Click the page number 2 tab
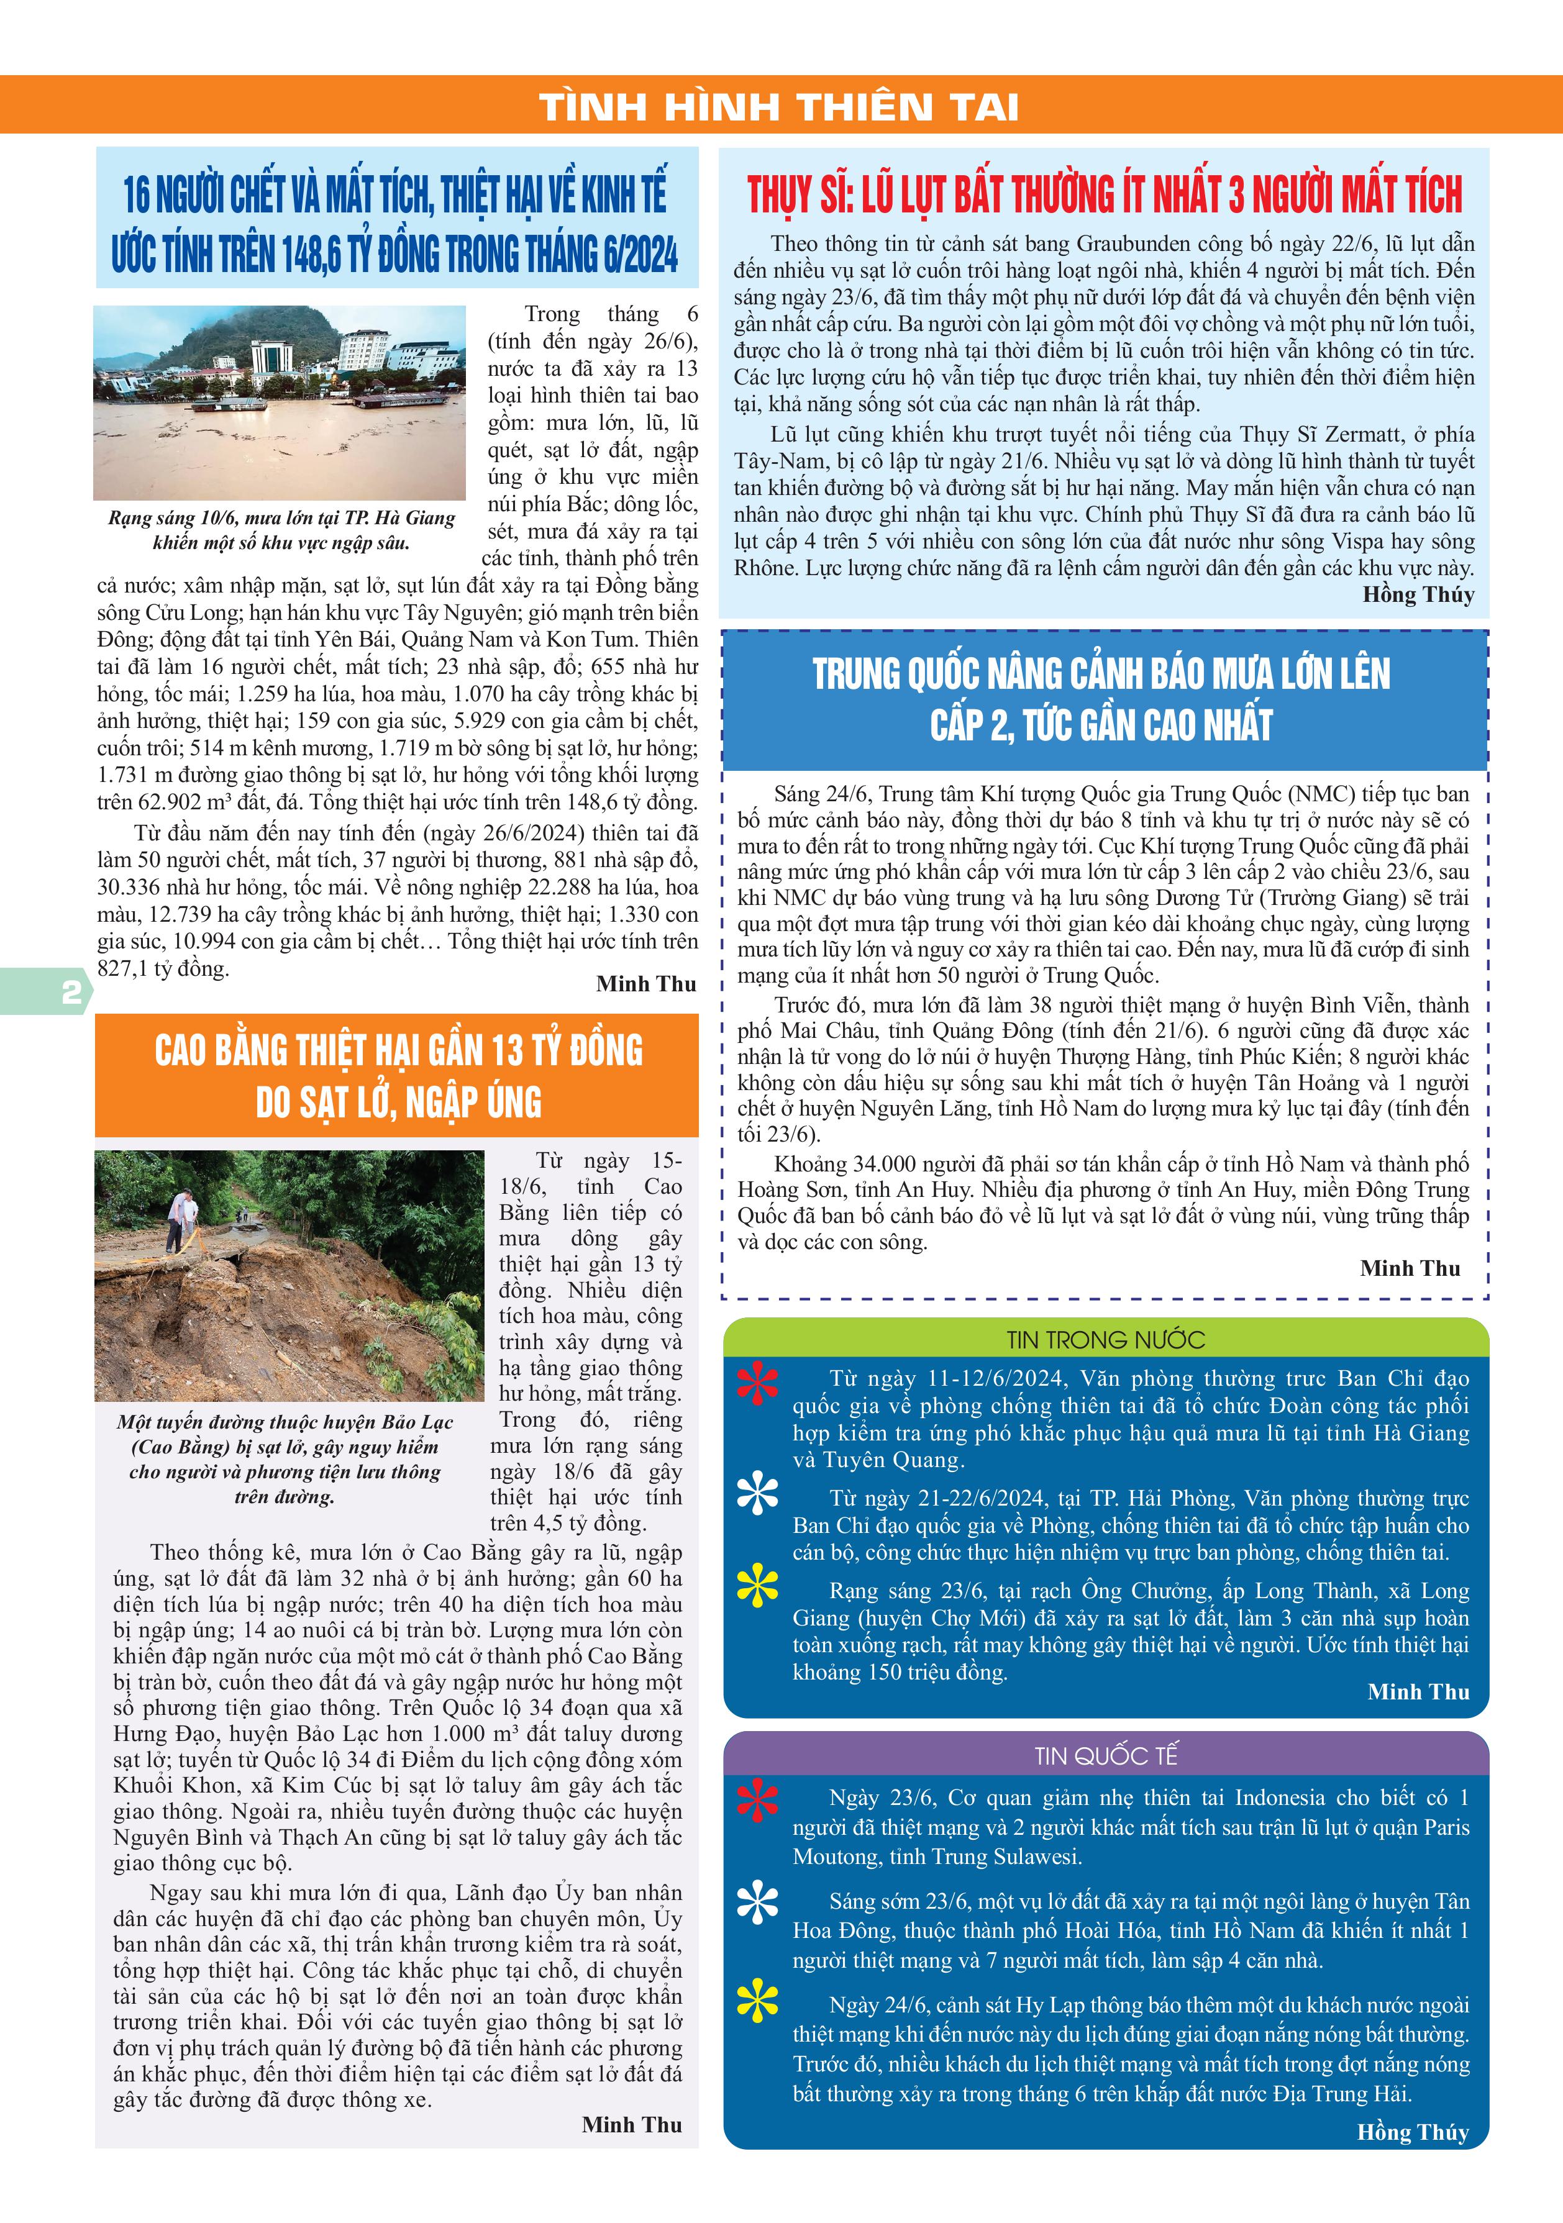pyautogui.click(x=70, y=993)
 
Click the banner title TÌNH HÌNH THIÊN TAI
pyautogui.click(x=780, y=106)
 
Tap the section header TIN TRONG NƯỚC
pyautogui.click(x=1105, y=1339)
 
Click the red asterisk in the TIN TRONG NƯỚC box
pyautogui.click(x=757, y=1383)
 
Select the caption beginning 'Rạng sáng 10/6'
pyautogui.click(x=281, y=530)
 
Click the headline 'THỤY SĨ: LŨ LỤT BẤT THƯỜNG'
pyautogui.click(x=1104, y=194)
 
